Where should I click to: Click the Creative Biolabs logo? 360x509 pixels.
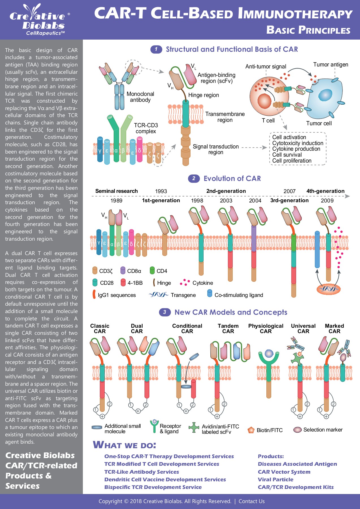[x=40, y=20]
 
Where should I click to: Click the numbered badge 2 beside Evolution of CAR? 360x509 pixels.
[x=194, y=178]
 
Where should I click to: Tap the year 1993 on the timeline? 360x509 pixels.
[x=161, y=191]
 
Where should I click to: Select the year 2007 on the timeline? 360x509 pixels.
[x=289, y=191]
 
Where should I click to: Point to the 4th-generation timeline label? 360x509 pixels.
[x=325, y=191]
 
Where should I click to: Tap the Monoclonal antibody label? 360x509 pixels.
[x=140, y=97]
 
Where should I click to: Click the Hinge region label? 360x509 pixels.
[x=204, y=95]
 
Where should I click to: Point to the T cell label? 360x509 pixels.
[x=268, y=121]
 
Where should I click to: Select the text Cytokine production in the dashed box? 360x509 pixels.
[x=296, y=149]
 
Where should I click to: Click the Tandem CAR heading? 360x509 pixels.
[x=228, y=329]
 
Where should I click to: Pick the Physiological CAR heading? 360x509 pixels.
[x=266, y=329]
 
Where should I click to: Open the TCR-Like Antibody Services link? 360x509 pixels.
[x=141, y=472]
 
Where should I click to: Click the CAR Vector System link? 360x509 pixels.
[x=284, y=472]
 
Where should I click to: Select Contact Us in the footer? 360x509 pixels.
[x=251, y=501]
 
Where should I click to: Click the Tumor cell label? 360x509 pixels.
[x=319, y=124]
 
